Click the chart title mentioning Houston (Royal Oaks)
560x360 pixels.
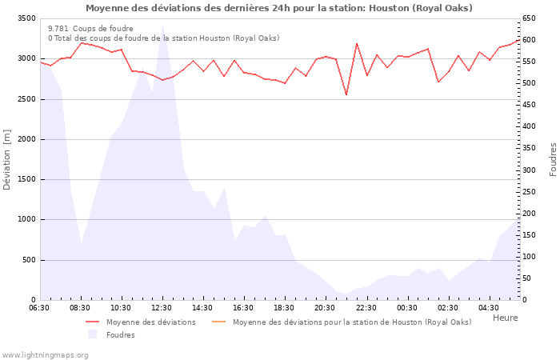(278, 8)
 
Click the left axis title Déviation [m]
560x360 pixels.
(8, 159)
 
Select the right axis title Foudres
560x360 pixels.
(552, 159)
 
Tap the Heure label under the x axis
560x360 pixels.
(505, 318)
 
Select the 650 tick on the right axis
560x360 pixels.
(530, 18)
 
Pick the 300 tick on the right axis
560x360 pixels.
(530, 170)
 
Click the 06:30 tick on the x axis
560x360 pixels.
(39, 308)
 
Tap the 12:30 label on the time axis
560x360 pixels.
(162, 308)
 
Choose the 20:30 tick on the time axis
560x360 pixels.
(325, 308)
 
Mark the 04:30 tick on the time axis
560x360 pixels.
(488, 308)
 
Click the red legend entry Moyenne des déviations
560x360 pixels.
(150, 322)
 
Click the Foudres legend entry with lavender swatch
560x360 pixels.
(120, 335)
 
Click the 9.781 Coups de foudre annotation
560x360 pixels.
(90, 29)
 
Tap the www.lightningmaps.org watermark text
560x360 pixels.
(45, 354)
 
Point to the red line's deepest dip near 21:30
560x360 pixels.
(346, 94)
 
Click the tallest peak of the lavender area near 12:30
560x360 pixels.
(162, 26)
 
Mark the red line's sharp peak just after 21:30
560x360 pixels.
(357, 43)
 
